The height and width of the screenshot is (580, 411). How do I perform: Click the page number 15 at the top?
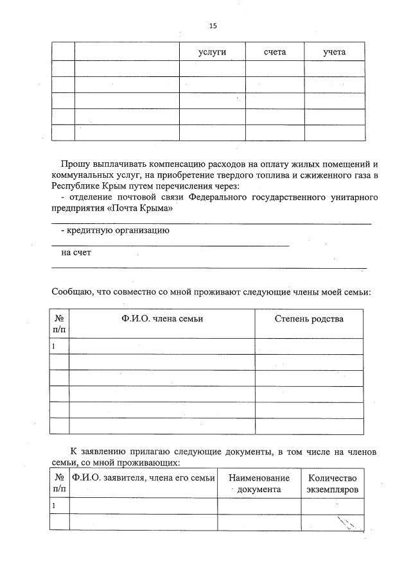(213, 26)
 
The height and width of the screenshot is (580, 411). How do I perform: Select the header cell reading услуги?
(212, 51)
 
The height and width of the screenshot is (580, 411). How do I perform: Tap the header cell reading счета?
(275, 51)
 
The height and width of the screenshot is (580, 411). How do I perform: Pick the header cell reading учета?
(335, 51)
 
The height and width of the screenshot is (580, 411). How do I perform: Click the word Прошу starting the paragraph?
(75, 164)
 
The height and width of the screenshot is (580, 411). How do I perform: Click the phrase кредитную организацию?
(118, 230)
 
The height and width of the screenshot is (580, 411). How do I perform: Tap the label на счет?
(76, 252)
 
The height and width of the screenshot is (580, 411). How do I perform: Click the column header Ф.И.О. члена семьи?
(162, 319)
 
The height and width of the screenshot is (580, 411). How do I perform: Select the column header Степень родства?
(309, 319)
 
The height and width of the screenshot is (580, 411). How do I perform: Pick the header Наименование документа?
(259, 483)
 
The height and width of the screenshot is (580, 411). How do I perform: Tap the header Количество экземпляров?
(332, 483)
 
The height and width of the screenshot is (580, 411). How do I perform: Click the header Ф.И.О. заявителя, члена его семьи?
(143, 478)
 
